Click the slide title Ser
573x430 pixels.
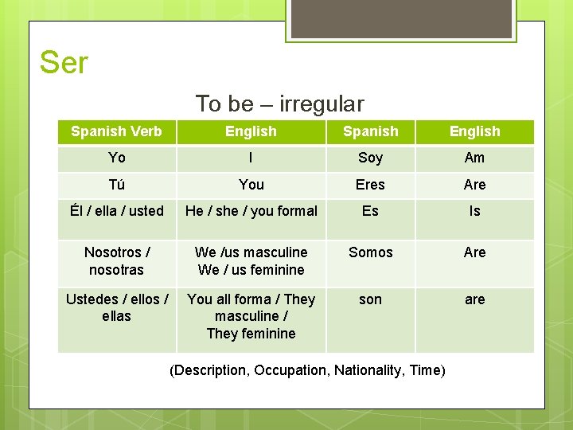point(64,62)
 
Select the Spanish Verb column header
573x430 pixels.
point(116,131)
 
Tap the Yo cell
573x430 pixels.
point(116,158)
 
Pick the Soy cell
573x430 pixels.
point(370,158)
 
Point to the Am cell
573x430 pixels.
point(474,158)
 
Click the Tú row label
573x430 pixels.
point(116,185)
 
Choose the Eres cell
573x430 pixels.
point(370,185)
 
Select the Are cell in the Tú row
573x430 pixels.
point(474,185)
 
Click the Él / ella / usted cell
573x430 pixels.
point(116,211)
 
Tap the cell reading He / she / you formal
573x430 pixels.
point(251,211)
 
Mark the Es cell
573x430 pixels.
point(370,211)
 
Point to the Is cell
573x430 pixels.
point(474,211)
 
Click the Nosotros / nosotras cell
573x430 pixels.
point(116,261)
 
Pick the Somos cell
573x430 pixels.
point(370,252)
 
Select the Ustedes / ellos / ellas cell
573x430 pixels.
point(116,307)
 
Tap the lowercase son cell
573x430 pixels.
point(370,299)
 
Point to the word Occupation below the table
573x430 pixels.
point(290,370)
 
